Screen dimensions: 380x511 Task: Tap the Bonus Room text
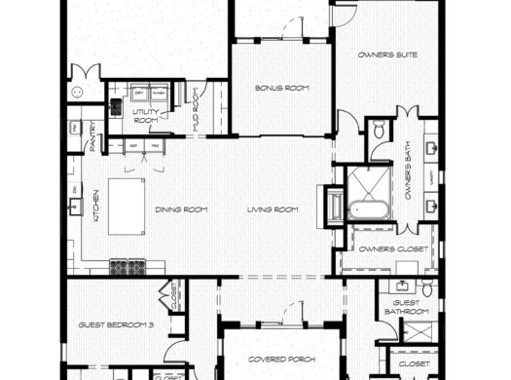point(282,88)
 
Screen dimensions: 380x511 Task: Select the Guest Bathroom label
point(406,307)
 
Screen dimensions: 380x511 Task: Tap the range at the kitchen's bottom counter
point(128,264)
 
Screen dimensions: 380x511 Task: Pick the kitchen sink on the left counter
point(75,207)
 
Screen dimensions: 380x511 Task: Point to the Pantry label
point(93,138)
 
